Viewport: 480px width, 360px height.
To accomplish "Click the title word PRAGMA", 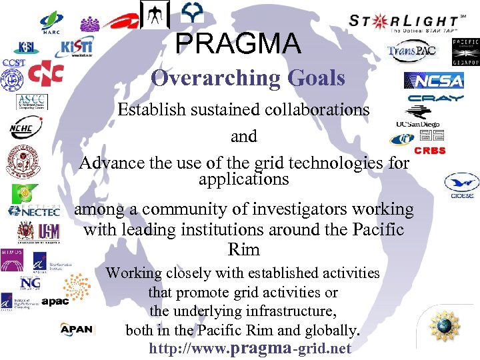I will tap(238, 44).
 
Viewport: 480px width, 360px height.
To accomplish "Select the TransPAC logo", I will tap(413, 52).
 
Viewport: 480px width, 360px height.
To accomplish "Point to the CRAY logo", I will tap(436, 99).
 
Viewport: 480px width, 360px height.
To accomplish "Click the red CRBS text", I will tap(430, 151).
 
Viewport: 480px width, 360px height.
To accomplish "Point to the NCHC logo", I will tap(25, 127).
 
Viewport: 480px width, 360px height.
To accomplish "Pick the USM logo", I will tap(49, 231).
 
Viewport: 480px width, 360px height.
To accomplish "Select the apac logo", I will tap(55, 301).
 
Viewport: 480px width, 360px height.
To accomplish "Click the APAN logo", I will tap(77, 329).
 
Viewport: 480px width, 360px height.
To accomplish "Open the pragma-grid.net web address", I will tap(250, 348).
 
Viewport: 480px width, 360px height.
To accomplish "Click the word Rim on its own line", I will tap(243, 250).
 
